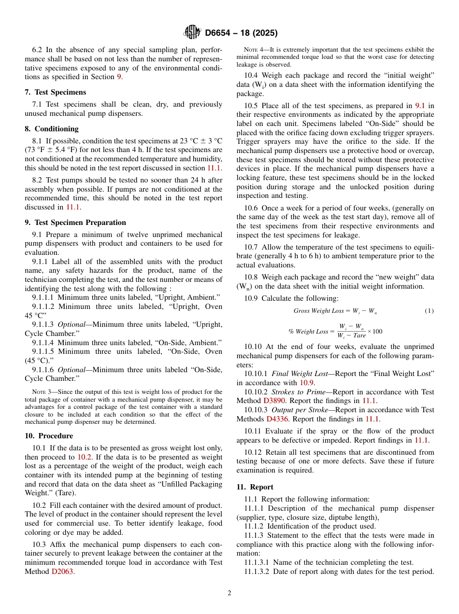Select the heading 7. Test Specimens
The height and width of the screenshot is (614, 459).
(56, 92)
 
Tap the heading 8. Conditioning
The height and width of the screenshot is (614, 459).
(52, 129)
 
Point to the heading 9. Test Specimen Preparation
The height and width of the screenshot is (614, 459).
(75, 223)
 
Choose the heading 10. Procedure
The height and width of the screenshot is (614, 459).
(49, 436)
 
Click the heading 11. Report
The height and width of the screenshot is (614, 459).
(255, 487)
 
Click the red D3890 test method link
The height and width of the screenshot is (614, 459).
(274, 401)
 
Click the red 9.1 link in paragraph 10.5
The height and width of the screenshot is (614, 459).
(420, 106)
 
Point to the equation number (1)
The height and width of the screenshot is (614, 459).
(429, 311)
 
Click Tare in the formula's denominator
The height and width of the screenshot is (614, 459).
(359, 335)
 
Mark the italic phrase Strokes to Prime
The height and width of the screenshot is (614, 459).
(299, 392)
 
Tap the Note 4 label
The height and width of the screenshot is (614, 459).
(252, 50)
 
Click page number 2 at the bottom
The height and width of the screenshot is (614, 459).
(229, 593)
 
